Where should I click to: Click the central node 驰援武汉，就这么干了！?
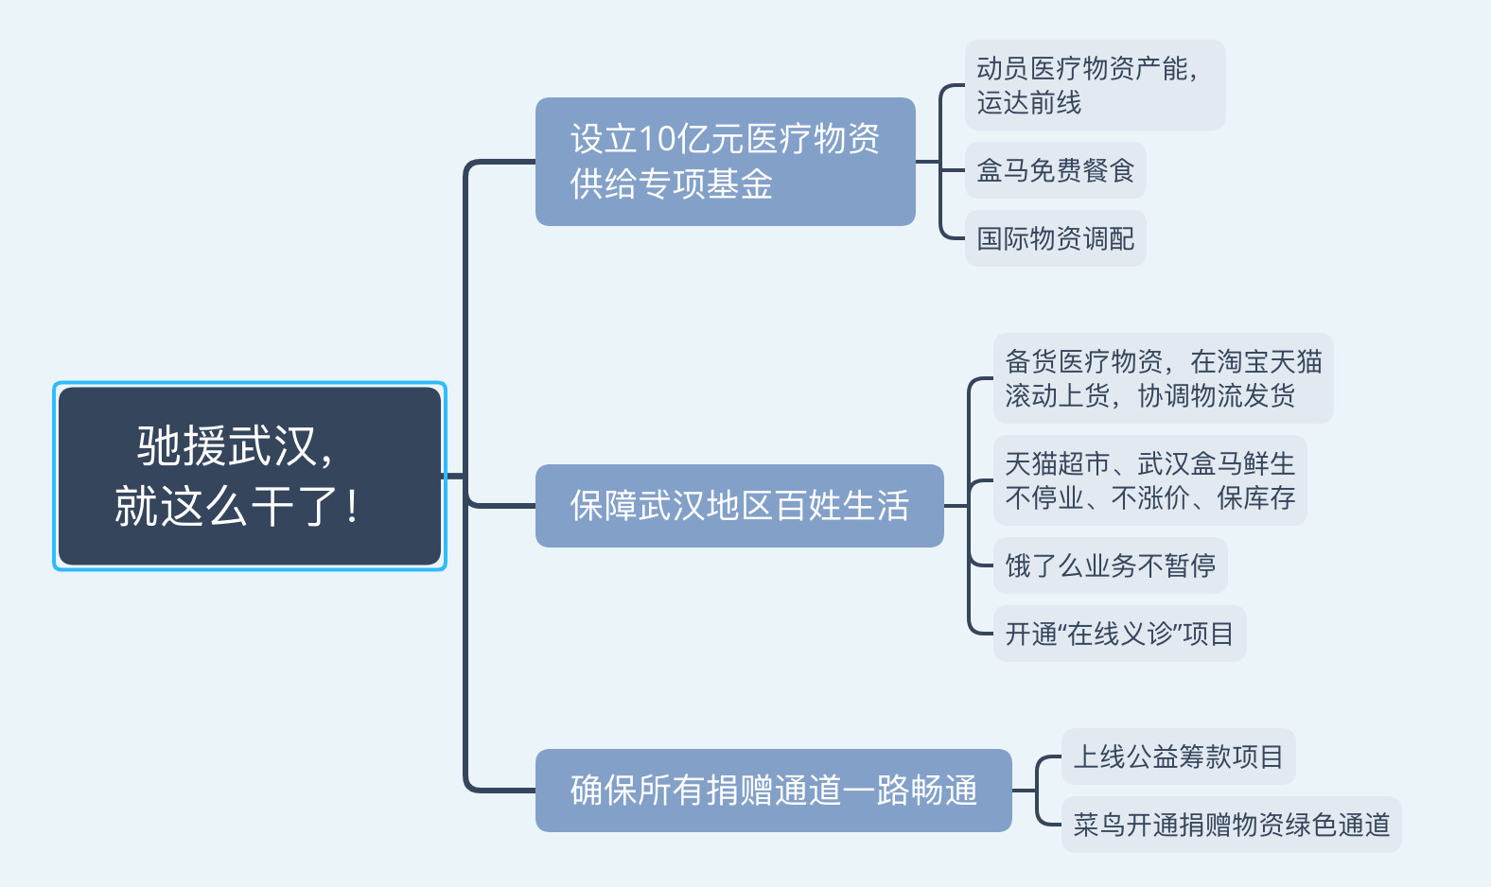click(250, 476)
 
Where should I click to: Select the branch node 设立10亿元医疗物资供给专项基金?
click(726, 162)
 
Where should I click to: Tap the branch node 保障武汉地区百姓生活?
click(740, 506)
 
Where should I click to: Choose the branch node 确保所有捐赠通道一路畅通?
click(774, 791)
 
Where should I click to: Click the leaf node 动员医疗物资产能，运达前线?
click(1095, 85)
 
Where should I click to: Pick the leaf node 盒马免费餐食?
click(1055, 170)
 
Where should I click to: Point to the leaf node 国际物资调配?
click(1055, 238)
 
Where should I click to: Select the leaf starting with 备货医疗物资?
click(1163, 378)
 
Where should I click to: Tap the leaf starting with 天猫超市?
click(1150, 480)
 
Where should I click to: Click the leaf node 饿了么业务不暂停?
click(1111, 565)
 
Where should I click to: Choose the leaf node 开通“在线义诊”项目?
click(1119, 634)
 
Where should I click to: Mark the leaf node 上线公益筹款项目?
click(1178, 757)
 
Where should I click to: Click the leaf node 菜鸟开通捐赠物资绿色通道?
click(1232, 825)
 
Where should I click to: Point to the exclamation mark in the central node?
click(352, 506)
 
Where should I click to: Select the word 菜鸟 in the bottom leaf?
click(1099, 825)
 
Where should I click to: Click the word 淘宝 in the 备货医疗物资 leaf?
click(1242, 361)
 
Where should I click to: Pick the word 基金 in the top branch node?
click(739, 184)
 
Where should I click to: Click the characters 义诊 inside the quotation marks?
click(1147, 634)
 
